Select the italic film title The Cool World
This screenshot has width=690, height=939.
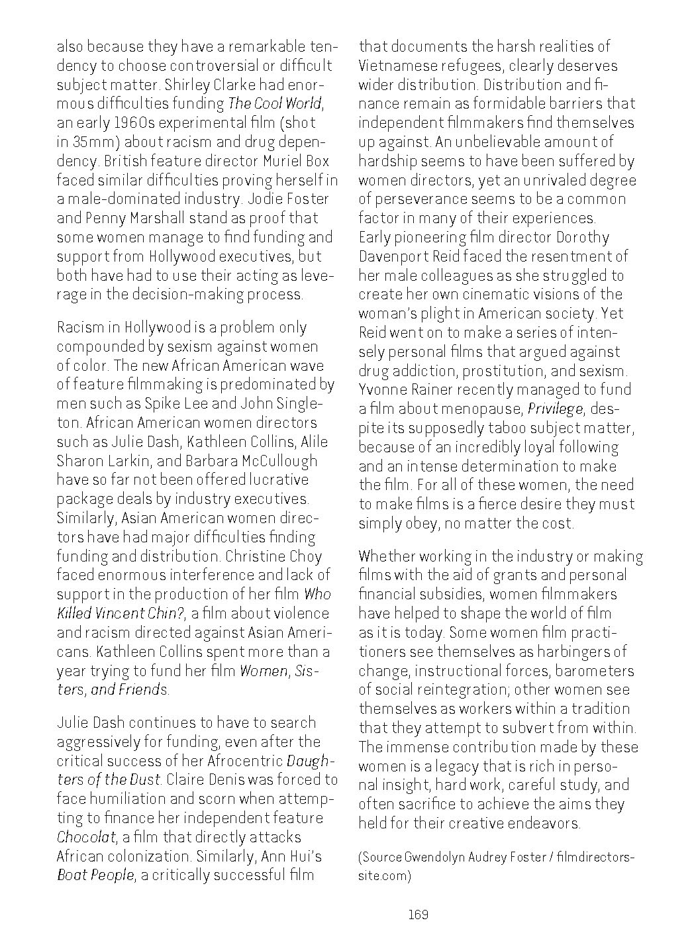275,103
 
